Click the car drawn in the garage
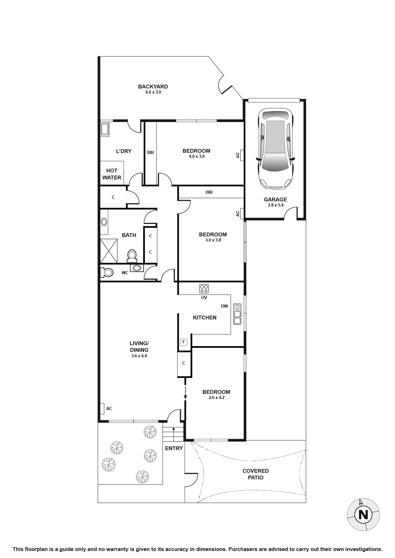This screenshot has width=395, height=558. click(x=275, y=149)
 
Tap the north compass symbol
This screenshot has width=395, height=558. click(x=363, y=514)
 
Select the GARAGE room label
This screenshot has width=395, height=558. click(x=275, y=199)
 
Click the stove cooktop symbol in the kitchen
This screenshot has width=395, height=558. click(x=204, y=289)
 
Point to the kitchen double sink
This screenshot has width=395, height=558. click(x=237, y=314)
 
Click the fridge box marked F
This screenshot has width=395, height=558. click(x=183, y=342)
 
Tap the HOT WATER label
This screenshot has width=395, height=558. click(x=112, y=174)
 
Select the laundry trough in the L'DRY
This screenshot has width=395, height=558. click(x=105, y=129)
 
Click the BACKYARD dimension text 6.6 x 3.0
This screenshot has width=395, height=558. click(x=153, y=92)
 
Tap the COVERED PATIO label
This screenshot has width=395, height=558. click(x=255, y=474)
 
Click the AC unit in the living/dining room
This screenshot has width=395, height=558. click(x=102, y=408)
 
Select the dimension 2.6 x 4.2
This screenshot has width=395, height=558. click(x=217, y=398)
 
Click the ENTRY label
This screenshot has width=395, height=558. click(x=174, y=448)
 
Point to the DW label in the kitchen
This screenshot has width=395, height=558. click(x=224, y=306)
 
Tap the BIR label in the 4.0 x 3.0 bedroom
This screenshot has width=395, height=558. click(x=151, y=153)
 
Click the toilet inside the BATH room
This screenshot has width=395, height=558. click(x=132, y=255)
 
